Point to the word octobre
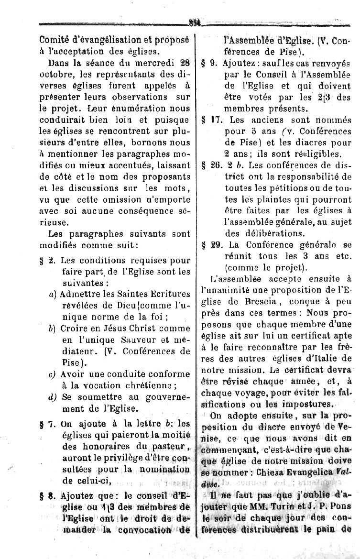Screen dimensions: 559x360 click(x=54, y=73)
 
